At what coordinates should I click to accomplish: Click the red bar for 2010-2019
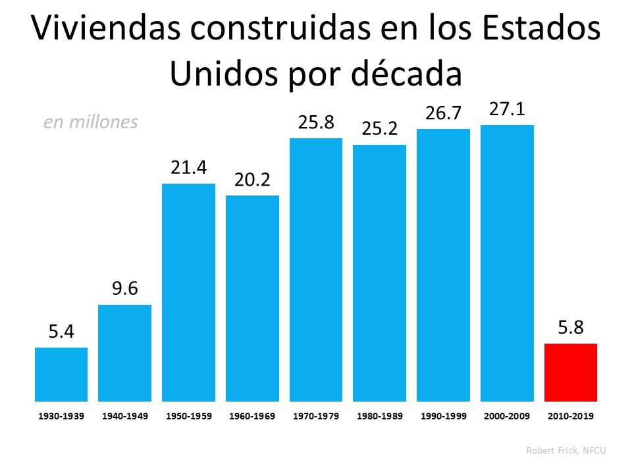[571, 373]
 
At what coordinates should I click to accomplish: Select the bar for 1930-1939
[61, 375]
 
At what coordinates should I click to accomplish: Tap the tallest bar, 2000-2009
[507, 263]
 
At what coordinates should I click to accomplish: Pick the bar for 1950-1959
[188, 292]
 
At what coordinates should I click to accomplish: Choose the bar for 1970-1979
[316, 270]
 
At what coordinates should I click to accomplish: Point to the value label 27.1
[507, 109]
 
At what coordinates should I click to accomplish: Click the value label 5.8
[571, 328]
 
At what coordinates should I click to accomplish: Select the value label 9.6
[125, 289]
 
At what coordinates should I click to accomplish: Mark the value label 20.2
[252, 180]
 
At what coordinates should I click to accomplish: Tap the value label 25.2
[380, 129]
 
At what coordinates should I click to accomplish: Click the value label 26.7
[443, 113]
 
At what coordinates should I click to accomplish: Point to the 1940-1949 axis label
[125, 417]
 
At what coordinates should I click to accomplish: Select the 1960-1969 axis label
[252, 417]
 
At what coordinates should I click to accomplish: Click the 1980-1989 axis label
[380, 417]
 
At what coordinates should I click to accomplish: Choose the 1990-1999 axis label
[443, 417]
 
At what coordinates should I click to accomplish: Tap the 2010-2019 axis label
[571, 417]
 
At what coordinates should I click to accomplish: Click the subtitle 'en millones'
[91, 122]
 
